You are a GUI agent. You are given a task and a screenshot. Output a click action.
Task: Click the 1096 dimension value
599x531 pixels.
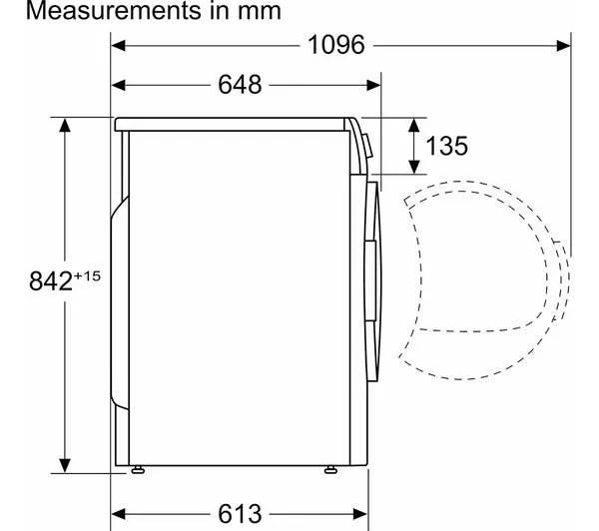coord(336,45)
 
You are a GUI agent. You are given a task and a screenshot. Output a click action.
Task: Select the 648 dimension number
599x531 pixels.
coord(240,85)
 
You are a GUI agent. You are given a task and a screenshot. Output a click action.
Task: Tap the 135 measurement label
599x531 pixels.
coord(446,146)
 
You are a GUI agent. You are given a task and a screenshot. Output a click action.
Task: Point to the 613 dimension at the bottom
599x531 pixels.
coord(240,513)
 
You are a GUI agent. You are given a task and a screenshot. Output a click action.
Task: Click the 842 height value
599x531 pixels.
coord(51,280)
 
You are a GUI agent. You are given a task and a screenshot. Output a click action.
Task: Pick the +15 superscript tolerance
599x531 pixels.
coord(88,275)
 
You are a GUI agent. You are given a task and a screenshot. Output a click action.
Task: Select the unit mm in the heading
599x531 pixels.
coord(260,11)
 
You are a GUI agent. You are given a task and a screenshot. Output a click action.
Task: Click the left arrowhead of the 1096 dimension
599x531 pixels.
coord(118,46)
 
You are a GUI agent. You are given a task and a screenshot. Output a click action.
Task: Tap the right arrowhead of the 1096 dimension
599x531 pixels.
coord(564,46)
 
